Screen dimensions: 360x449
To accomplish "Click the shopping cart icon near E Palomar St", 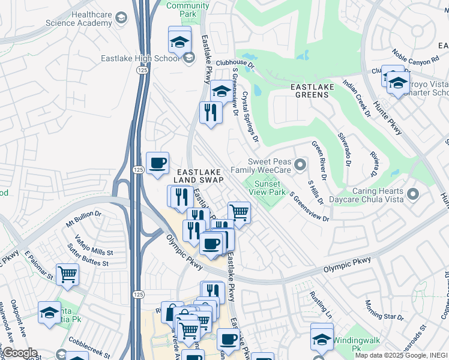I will click(68, 274).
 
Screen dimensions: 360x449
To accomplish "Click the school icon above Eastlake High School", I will click(179, 41).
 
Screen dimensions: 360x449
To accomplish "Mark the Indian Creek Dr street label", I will click(355, 92).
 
